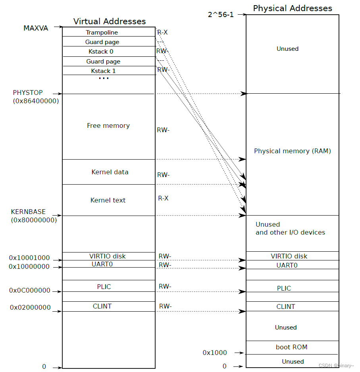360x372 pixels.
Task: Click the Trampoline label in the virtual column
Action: coord(102,33)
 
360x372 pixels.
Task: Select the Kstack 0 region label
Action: coord(101,52)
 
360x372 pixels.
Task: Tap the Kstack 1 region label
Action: coord(103,71)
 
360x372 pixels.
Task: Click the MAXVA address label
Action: coord(36,28)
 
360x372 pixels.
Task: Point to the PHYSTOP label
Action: coord(27,93)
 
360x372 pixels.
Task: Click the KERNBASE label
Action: coord(28,212)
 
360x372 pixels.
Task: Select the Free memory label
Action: coord(108,125)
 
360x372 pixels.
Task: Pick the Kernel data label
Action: coord(110,172)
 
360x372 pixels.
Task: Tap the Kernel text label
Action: coord(108,200)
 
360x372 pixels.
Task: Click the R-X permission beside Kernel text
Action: coord(163,198)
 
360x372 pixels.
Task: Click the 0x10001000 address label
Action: coord(29,258)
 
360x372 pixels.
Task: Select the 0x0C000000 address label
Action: coord(30,291)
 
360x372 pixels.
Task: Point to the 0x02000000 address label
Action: coord(30,307)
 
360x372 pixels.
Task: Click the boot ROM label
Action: coord(292,347)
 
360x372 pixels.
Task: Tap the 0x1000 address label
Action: coord(215,353)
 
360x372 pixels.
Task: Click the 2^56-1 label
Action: coord(221,15)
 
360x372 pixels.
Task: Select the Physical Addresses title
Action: coord(293,8)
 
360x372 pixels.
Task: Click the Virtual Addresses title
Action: coord(110,21)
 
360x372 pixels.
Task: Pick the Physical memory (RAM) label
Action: coord(293,151)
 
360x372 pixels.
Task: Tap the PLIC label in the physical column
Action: coord(284,288)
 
